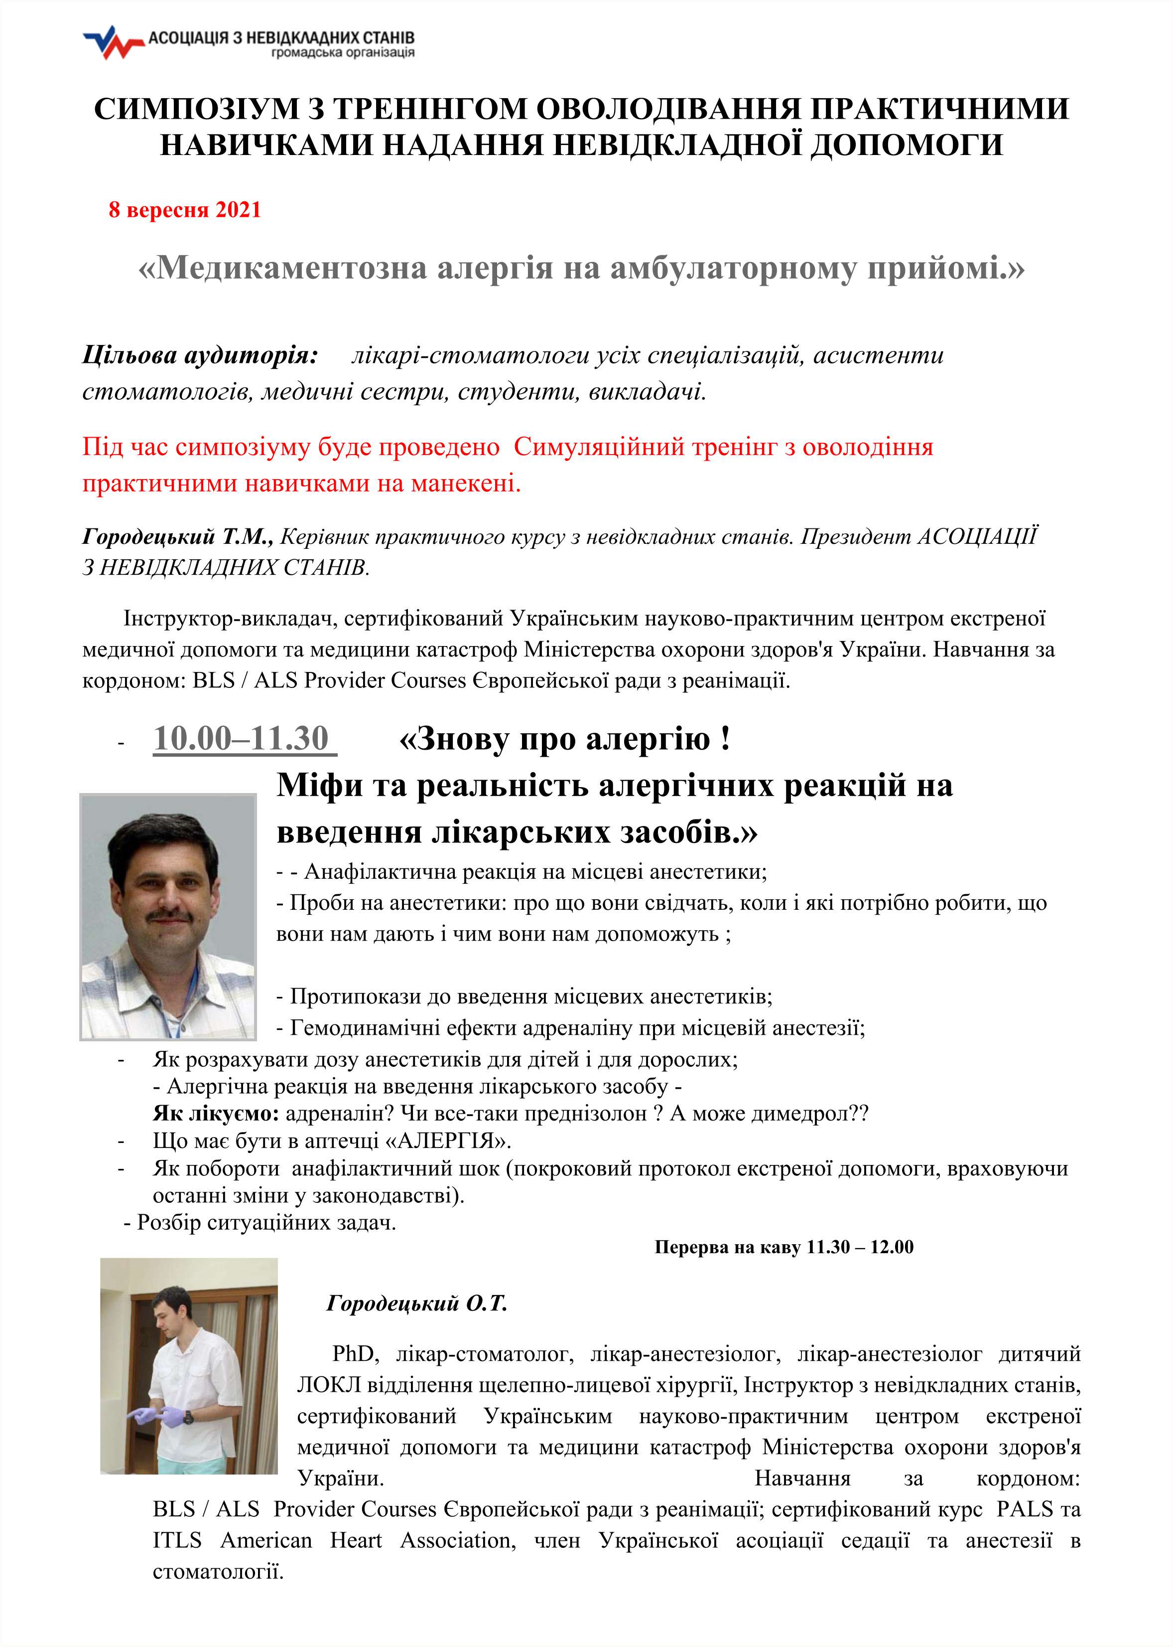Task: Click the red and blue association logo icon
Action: pos(113,43)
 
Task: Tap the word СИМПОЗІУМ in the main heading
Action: pos(196,109)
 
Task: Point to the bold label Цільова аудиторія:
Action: pos(200,355)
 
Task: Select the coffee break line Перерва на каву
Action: pos(783,1247)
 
